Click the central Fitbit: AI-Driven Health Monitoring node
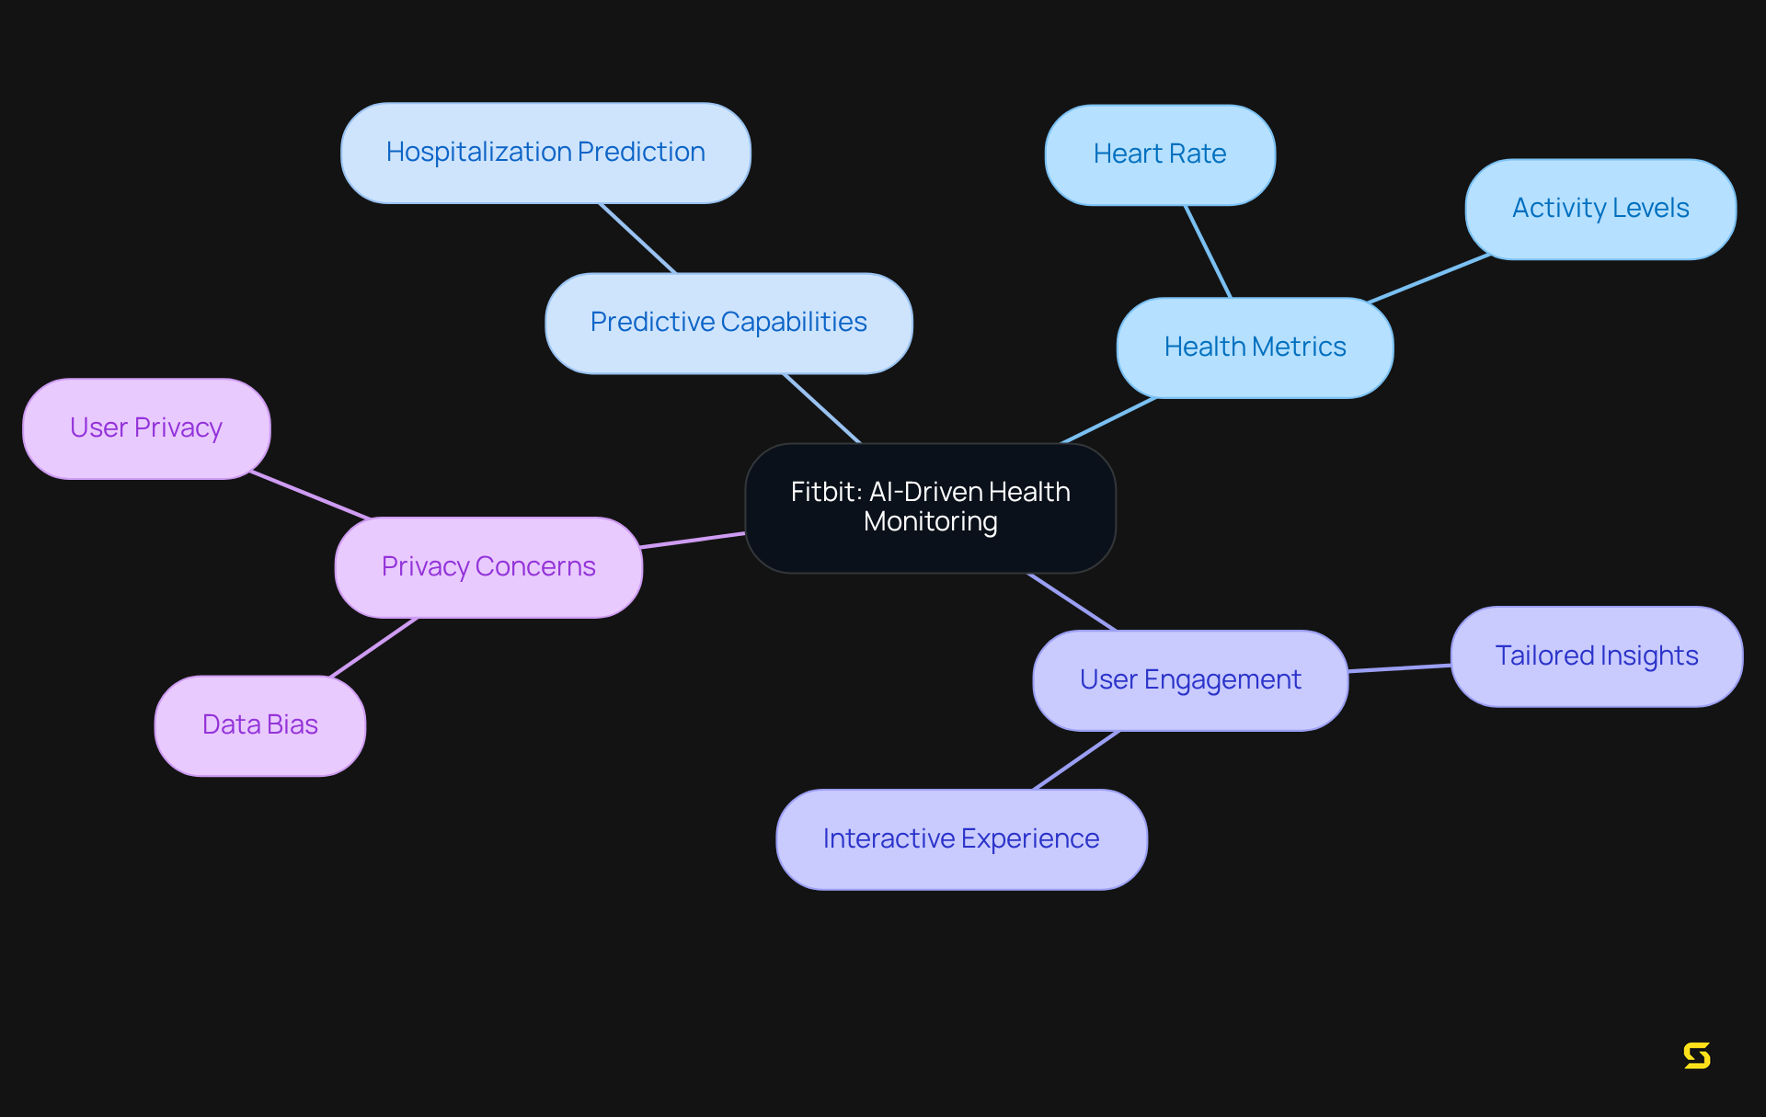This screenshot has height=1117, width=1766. [x=930, y=507]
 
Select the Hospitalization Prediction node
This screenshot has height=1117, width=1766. [x=545, y=153]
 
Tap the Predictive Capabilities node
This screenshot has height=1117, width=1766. [x=728, y=323]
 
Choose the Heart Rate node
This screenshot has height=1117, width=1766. [x=1159, y=154]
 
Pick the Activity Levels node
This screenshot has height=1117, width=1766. [x=1600, y=209]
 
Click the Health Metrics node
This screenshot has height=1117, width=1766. [x=1255, y=348]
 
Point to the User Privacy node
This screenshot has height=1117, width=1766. [x=146, y=428]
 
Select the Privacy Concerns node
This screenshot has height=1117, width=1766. [x=488, y=567]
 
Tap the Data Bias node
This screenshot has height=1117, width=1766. [x=259, y=725]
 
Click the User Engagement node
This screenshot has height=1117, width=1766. [x=1189, y=680]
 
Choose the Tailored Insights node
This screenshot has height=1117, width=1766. [x=1596, y=656]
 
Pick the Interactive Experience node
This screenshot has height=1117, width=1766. [x=961, y=839]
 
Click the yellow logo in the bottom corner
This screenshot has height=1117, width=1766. [x=1696, y=1055]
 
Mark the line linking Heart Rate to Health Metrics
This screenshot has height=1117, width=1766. [x=1208, y=251]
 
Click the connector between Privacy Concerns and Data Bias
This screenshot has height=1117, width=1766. [x=373, y=647]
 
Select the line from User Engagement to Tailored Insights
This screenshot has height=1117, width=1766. [x=1399, y=668]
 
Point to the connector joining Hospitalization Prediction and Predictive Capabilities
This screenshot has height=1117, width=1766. [x=636, y=238]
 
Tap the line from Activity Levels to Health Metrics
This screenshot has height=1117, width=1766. [x=1428, y=279]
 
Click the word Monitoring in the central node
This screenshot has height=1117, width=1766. [x=930, y=522]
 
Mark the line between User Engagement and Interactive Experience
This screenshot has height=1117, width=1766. [x=1076, y=760]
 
